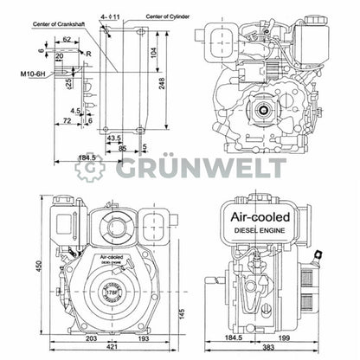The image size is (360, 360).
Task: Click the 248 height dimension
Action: point(163,81)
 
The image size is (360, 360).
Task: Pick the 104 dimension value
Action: point(153,53)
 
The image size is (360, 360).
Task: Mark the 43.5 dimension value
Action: point(114,137)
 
